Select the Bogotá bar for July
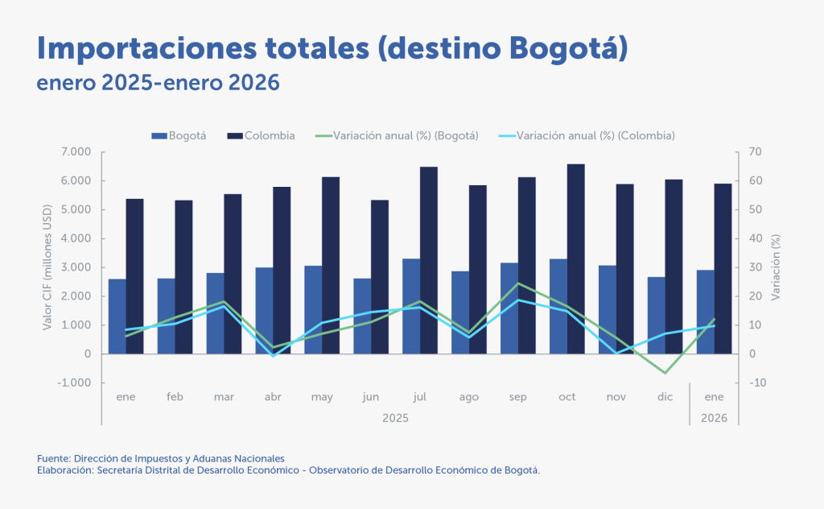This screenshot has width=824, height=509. [411, 306]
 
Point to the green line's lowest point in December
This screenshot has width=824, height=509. [665, 373]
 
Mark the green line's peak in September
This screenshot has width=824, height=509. [518, 283]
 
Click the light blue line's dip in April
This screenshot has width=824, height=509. [274, 355]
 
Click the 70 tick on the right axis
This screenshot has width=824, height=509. [756, 152]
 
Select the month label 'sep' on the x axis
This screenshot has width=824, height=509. [518, 397]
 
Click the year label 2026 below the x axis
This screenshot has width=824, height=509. [714, 419]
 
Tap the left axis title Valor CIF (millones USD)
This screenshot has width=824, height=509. [47, 267]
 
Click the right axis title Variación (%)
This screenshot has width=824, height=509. [776, 267]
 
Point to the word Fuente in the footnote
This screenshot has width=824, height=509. [52, 458]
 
